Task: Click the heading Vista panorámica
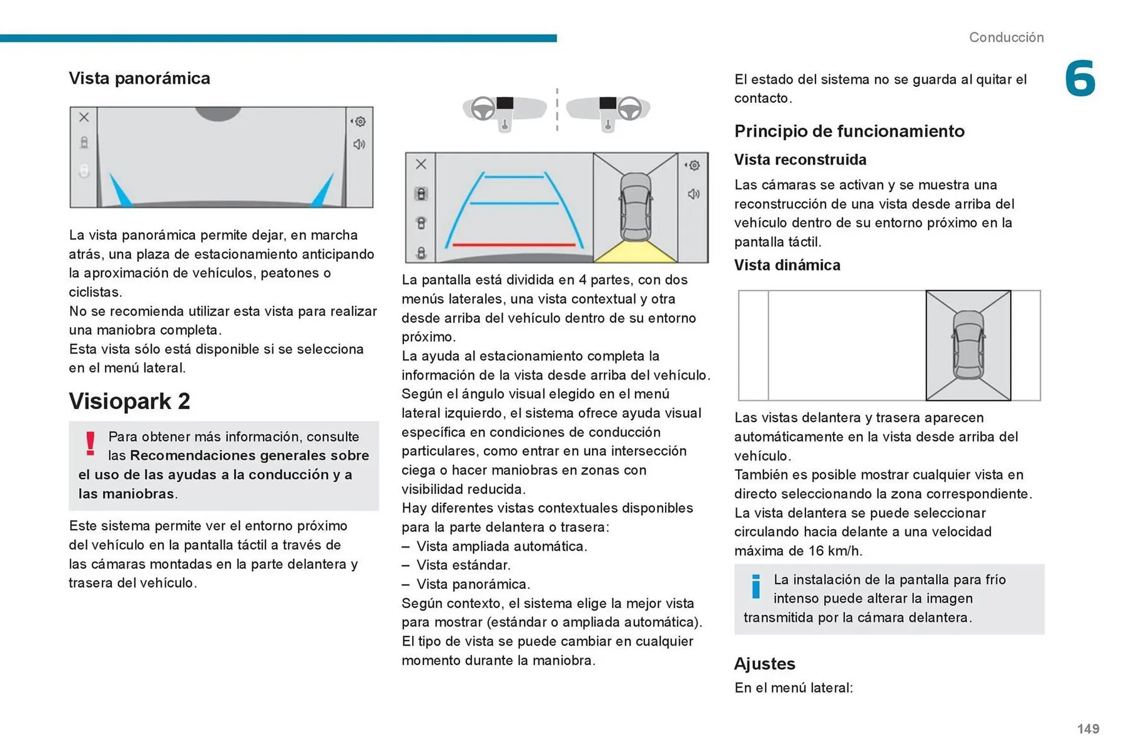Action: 139,78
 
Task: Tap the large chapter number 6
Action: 1080,78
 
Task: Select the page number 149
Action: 1088,728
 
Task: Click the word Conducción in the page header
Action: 1006,37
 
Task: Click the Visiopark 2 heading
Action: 129,401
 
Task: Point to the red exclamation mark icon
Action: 90,443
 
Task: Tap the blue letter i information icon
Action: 756,586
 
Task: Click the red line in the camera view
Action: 513,244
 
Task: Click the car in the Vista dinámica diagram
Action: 968,345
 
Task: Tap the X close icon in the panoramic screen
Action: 84,117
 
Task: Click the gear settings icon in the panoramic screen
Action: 360,121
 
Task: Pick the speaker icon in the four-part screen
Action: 693,194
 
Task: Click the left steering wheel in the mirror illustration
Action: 483,108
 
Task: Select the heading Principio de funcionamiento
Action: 849,131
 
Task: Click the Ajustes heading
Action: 764,664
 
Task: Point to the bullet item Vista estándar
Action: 463,565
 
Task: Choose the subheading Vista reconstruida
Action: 800,160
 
